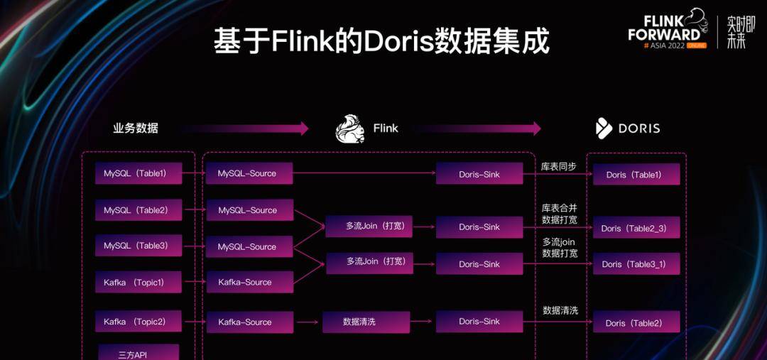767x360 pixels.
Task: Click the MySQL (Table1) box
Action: tap(138, 173)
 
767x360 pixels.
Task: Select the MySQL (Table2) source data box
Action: tap(138, 210)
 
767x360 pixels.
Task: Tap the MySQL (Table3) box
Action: tap(138, 246)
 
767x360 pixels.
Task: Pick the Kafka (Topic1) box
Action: tap(138, 282)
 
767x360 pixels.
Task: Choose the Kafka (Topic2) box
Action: tap(138, 322)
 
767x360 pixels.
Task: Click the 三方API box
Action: tap(138, 353)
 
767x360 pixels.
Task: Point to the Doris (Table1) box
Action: tap(636, 175)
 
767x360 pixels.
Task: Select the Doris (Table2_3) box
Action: tap(636, 228)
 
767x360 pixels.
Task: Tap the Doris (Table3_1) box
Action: tap(636, 264)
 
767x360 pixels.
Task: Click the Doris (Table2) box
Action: tap(636, 322)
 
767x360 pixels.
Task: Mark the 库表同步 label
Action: tap(559, 167)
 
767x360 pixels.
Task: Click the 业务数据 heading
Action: tap(136, 129)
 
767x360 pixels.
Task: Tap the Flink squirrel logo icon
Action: tap(350, 129)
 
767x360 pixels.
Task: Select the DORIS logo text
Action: tap(638, 129)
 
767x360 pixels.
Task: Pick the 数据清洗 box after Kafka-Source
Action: tap(366, 322)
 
